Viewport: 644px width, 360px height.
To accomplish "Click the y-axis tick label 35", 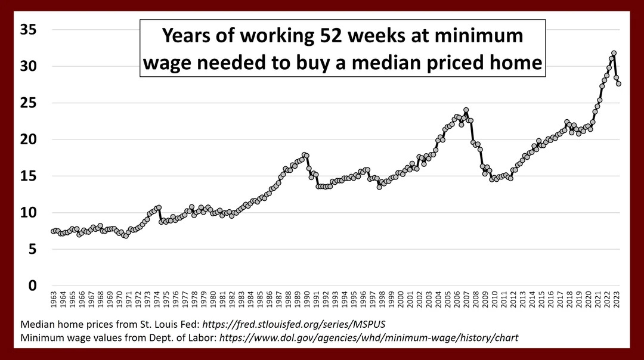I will point(28,29).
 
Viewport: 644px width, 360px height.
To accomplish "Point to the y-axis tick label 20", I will point(28,139).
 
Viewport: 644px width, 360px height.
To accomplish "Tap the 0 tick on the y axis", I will point(33,286).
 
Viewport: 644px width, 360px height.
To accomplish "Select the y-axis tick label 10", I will point(28,213).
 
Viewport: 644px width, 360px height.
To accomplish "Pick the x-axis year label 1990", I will point(306,301).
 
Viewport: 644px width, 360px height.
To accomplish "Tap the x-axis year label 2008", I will point(473,301).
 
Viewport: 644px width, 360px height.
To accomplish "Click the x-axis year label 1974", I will point(157,301).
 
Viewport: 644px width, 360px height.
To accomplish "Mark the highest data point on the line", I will point(614,53).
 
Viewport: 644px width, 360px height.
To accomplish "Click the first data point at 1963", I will point(53,231).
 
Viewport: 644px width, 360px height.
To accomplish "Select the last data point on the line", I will point(618,83).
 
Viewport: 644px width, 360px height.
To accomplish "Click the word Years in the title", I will point(188,36).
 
